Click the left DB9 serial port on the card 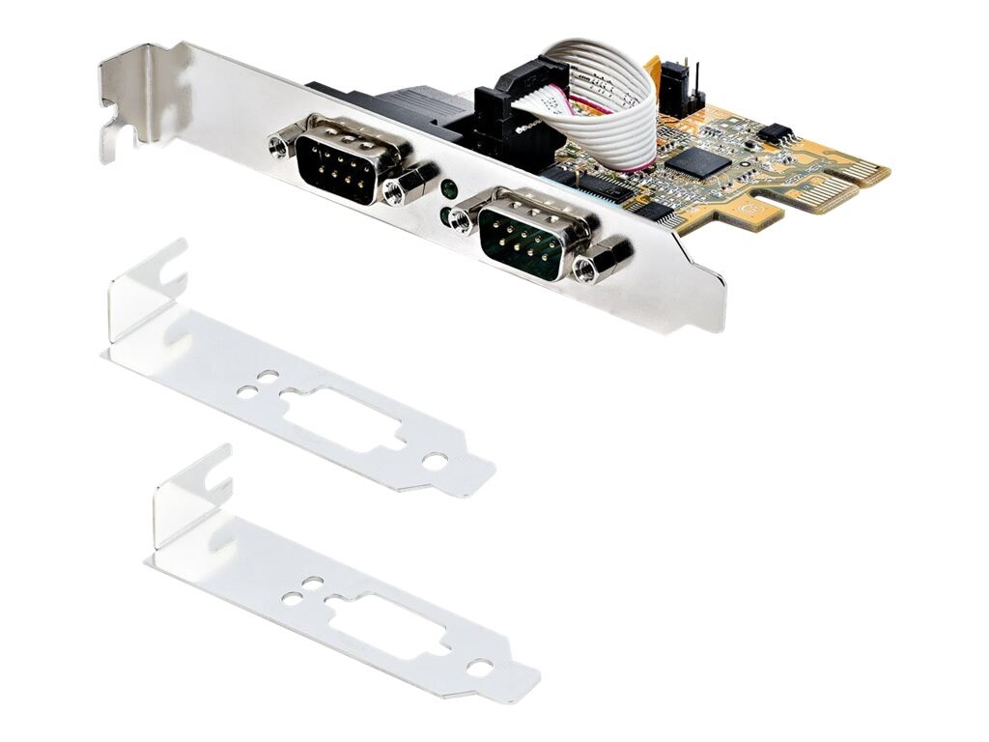point(336,161)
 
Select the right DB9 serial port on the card point(523,234)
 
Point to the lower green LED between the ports point(444,214)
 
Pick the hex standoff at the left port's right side point(396,190)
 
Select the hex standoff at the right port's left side point(463,220)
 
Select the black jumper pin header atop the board point(679,86)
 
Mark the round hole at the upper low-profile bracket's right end point(435,461)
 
